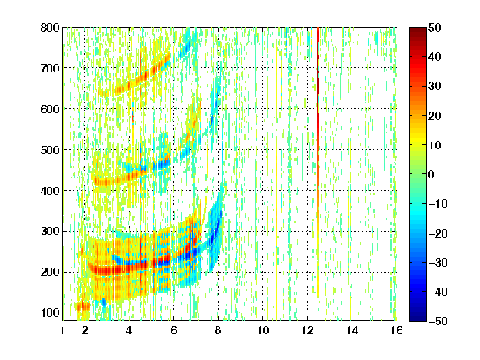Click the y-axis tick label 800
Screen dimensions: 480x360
(x=50, y=27)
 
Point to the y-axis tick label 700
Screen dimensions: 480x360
(x=50, y=68)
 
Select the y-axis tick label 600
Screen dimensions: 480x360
(x=50, y=109)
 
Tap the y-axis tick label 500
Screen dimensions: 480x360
(x=50, y=150)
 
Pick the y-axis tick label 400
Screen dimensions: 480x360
(x=50, y=191)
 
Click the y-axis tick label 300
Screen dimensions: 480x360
(x=50, y=232)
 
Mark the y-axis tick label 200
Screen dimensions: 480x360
(x=50, y=272)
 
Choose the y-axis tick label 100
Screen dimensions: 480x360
(x=50, y=312)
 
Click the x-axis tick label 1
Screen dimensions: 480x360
(x=62, y=330)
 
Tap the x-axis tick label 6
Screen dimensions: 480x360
(x=173, y=330)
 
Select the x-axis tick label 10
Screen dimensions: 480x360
(x=263, y=330)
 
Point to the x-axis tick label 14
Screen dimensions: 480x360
(x=352, y=330)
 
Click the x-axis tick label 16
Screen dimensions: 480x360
(x=397, y=330)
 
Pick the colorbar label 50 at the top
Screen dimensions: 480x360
(x=435, y=27)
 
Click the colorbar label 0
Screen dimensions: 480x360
(x=432, y=174)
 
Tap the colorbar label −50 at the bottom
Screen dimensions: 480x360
(x=437, y=321)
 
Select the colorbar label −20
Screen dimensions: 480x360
(x=437, y=233)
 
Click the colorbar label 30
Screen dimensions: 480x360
(x=435, y=87)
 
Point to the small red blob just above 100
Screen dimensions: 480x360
(x=83, y=307)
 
